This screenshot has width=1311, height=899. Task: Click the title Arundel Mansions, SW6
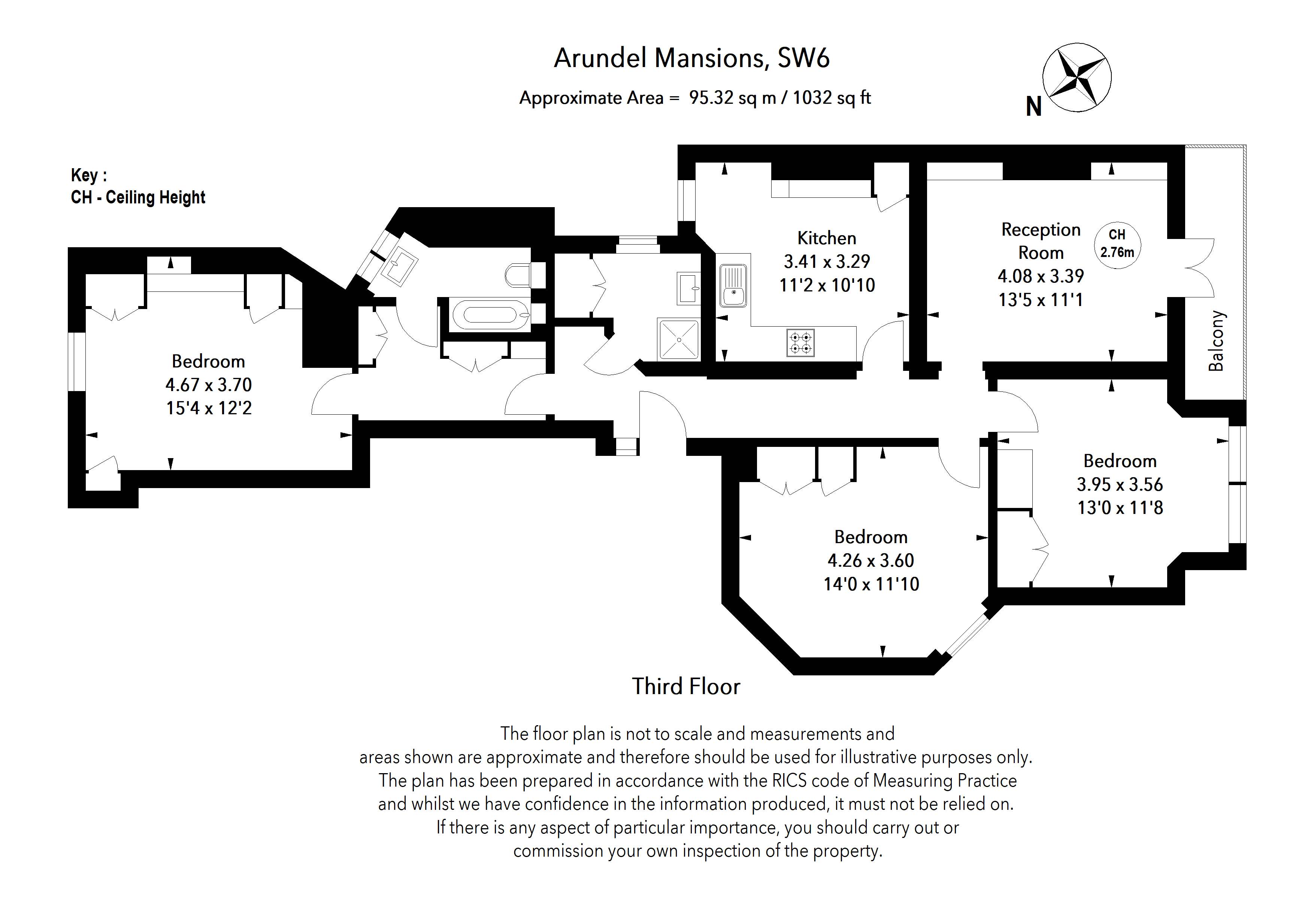691,58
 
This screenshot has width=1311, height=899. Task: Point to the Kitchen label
826,238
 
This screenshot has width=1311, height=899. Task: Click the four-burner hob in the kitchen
800,342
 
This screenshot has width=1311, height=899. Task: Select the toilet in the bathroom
518,276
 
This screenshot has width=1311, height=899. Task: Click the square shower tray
679,339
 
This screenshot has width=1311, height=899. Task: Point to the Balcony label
1216,340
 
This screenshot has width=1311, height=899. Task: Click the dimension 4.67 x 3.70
208,385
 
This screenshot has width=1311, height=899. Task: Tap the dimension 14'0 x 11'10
871,584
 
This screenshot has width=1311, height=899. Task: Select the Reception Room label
1041,241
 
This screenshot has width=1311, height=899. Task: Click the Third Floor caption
685,686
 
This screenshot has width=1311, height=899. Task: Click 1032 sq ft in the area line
832,98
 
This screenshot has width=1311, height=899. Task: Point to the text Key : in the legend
88,175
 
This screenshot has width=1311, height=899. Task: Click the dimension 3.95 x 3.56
1120,484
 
